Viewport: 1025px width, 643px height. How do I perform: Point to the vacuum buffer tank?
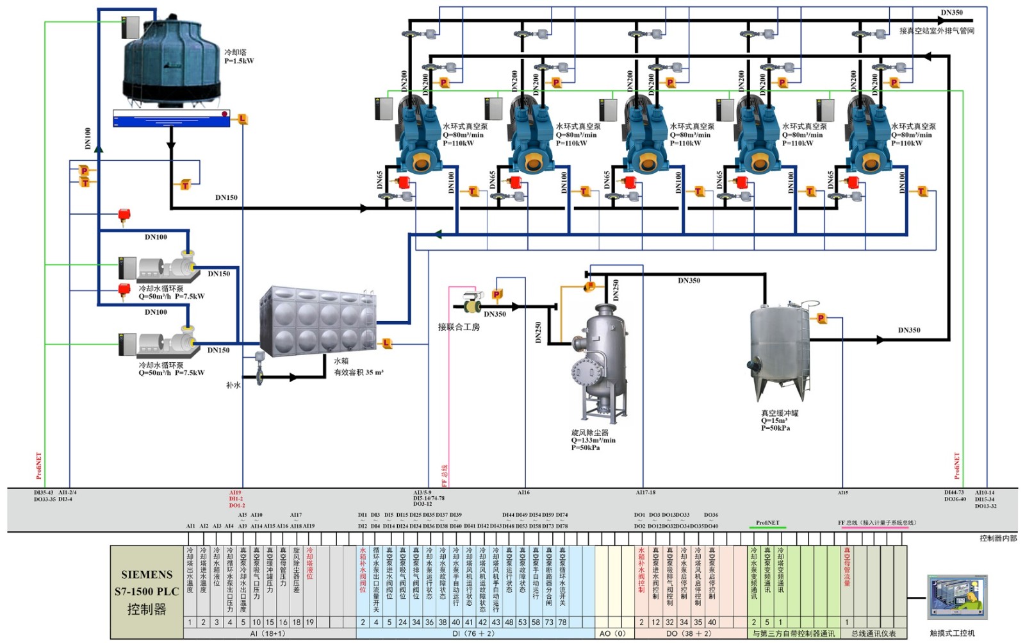coord(780,349)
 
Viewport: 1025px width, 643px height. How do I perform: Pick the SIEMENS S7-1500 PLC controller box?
coord(147,592)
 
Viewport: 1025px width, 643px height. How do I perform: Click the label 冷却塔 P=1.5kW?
coord(238,56)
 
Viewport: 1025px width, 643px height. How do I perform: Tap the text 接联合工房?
coord(459,327)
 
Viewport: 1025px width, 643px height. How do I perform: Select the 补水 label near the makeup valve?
coord(233,385)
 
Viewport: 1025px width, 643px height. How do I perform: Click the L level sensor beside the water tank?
coord(387,344)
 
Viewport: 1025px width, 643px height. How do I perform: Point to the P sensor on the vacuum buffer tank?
coord(821,318)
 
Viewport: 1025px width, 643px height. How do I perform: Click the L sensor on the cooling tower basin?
coord(242,119)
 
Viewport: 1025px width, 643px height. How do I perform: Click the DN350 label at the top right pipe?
coord(951,12)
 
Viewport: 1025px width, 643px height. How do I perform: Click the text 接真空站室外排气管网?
coord(936,31)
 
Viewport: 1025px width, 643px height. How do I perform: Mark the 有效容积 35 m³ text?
coord(358,372)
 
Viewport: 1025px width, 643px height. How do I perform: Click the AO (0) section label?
coord(612,633)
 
